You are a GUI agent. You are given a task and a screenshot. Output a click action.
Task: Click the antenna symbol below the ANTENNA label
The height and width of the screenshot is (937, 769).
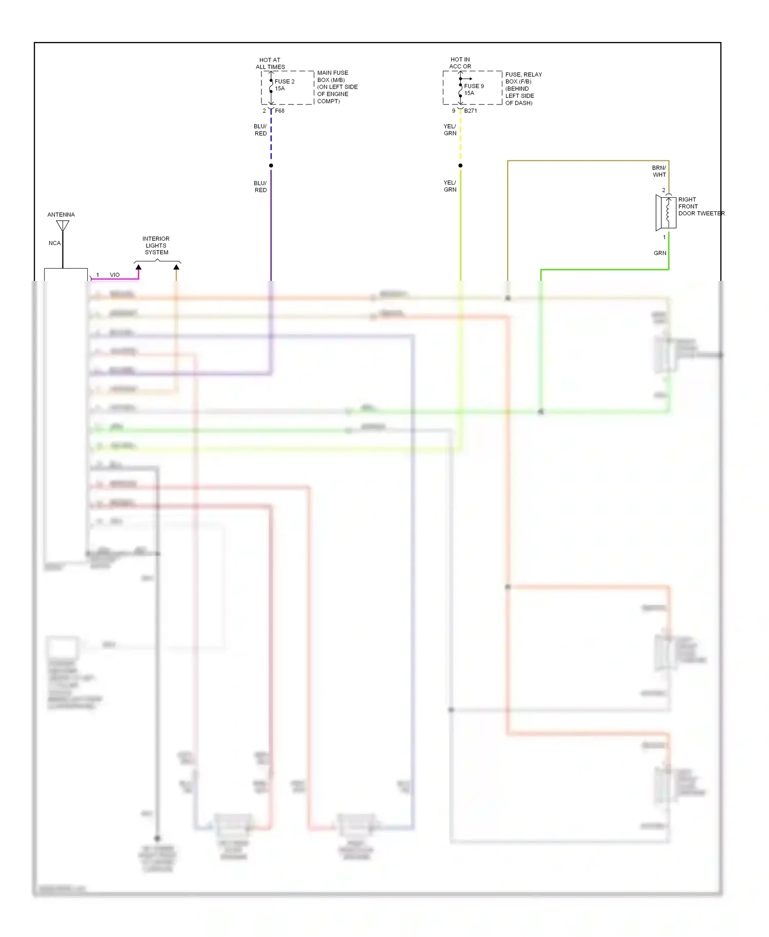[x=63, y=226]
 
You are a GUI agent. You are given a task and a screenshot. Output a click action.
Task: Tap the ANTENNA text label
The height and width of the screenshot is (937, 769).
[x=61, y=215]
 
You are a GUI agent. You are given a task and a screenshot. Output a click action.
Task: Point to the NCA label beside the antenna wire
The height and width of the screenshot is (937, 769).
[x=54, y=243]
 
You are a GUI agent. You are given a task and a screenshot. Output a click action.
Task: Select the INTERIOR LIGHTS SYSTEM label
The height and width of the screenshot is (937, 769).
[x=156, y=246]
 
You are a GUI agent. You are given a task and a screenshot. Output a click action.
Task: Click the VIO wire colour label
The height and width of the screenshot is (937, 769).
[x=115, y=275]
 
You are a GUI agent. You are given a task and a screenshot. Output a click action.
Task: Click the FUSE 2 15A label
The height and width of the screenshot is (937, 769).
[x=284, y=85]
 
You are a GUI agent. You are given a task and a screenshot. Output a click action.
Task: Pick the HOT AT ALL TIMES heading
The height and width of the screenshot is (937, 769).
[x=270, y=64]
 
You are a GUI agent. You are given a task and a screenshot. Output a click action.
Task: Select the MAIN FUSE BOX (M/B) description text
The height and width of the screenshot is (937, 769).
[x=337, y=87]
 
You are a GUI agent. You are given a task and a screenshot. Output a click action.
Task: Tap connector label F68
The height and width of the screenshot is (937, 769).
[x=279, y=111]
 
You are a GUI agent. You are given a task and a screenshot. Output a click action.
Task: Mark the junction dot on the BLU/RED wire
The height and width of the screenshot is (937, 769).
[x=271, y=166]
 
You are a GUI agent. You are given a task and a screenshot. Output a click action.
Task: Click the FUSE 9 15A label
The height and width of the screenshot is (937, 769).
[x=473, y=90]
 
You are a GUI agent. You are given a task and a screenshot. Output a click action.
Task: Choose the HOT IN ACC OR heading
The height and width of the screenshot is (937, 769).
[x=460, y=63]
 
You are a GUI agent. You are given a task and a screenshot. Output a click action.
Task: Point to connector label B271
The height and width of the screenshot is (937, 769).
[x=470, y=111]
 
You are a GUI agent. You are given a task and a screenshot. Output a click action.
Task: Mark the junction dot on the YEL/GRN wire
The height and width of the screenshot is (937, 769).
[x=460, y=166]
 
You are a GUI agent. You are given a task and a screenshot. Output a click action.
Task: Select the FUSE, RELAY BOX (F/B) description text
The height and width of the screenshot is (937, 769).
[x=523, y=89]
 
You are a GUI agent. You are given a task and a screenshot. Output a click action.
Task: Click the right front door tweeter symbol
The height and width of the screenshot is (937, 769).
[x=666, y=212]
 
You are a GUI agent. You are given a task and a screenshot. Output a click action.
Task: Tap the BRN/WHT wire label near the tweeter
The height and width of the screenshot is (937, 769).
[x=659, y=171]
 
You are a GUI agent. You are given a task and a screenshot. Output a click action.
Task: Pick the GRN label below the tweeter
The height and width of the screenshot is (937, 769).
[x=660, y=253]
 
